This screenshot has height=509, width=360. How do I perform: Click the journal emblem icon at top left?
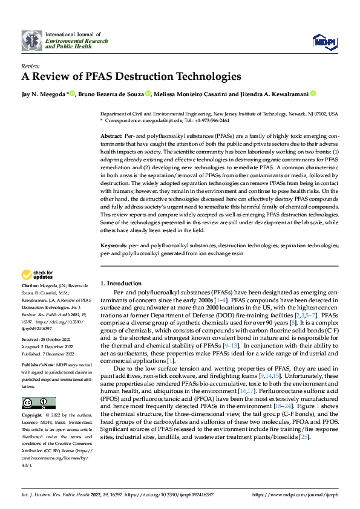32,41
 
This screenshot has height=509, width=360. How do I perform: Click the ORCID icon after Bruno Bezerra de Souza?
148,94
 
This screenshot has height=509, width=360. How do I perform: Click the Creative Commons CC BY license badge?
38,403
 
